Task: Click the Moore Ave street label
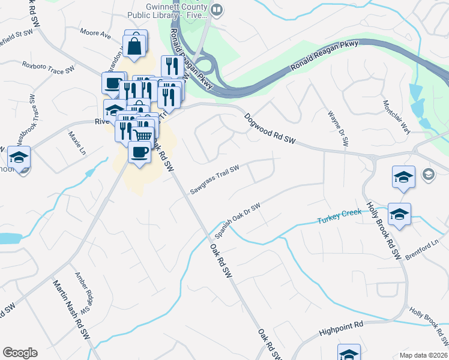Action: [x=96, y=35]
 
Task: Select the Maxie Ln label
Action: [x=77, y=143]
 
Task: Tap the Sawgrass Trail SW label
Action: [x=215, y=180]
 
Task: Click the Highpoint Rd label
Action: [x=342, y=326]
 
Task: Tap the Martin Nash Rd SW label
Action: [x=71, y=312]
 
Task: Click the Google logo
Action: [x=20, y=353]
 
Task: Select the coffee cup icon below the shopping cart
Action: [x=140, y=152]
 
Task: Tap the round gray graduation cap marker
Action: [x=429, y=175]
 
